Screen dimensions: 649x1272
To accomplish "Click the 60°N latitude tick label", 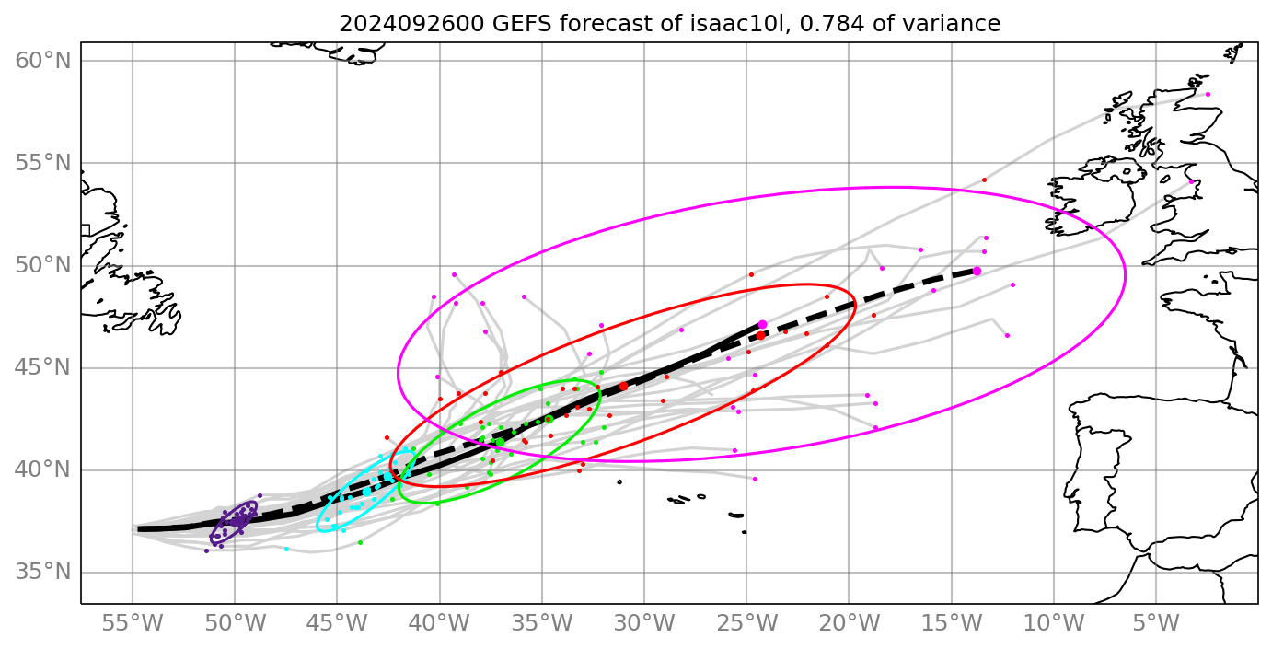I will [43, 61].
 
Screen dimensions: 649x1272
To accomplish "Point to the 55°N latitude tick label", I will [43, 164].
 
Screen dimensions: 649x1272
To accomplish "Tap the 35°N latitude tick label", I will [43, 573].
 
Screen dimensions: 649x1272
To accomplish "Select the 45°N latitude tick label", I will [43, 368].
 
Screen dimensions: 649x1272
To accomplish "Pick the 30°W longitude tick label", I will [643, 623].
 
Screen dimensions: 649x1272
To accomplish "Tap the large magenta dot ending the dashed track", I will [977, 271].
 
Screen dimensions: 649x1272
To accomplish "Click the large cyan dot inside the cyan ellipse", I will [366, 492].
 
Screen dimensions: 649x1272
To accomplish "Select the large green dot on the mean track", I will [500, 442].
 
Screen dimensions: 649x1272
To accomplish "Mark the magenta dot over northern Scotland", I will [1208, 94].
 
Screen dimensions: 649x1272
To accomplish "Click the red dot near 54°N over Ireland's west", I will [984, 180].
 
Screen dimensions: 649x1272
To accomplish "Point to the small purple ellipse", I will [234, 522].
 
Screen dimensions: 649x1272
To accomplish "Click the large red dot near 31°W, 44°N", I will [623, 387].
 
